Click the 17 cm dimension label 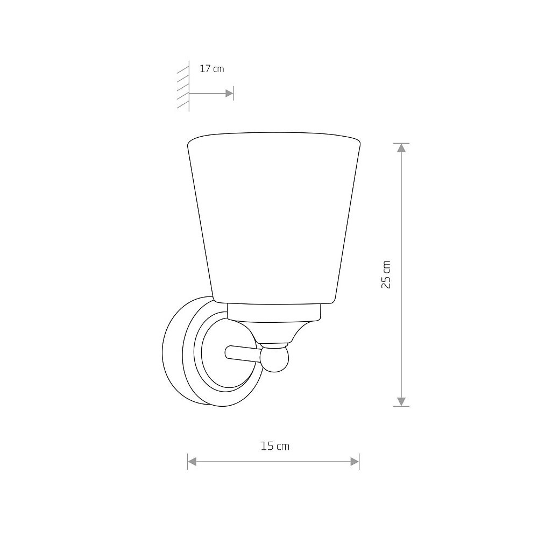click(x=211, y=69)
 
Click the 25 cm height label click(x=386, y=274)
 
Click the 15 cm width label click(x=275, y=446)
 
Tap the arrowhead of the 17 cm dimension click(x=229, y=93)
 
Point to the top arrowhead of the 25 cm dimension click(x=401, y=147)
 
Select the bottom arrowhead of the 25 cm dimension click(x=401, y=402)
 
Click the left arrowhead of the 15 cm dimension click(x=192, y=462)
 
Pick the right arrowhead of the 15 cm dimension click(x=355, y=462)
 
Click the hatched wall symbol click(x=183, y=86)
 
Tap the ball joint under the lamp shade click(x=274, y=359)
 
